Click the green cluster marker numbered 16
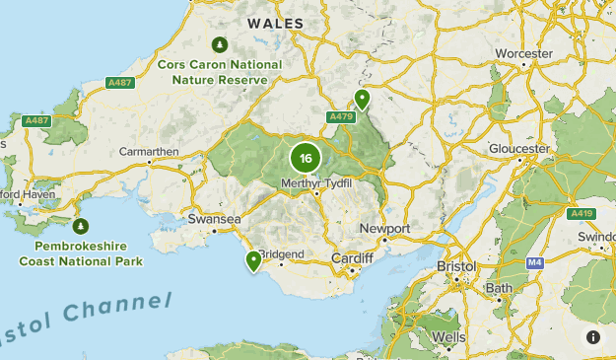tap(306, 158)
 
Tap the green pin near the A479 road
tap(363, 99)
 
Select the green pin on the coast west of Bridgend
tap(254, 261)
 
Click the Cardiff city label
tap(352, 258)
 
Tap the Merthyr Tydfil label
tap(316, 182)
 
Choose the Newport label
tap(384, 228)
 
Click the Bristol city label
tap(455, 266)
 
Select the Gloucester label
tap(518, 149)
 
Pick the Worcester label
tap(523, 52)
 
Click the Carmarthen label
tap(148, 151)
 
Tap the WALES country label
tap(275, 23)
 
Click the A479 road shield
tap(341, 116)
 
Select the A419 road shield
tap(582, 213)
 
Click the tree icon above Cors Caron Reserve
tap(220, 44)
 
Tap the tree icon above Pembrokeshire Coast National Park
tap(81, 226)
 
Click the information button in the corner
tap(593, 337)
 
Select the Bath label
tap(498, 288)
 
